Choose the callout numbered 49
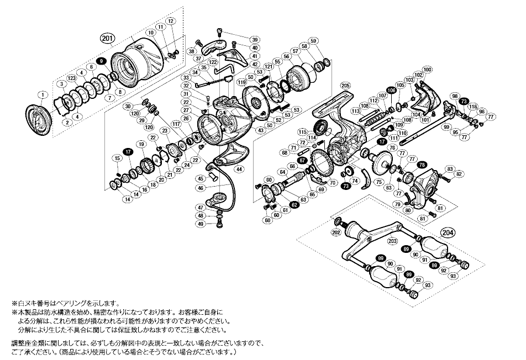point(201,224)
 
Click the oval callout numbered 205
point(345,86)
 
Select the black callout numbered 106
point(391,90)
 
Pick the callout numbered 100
point(427,70)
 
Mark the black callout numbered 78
point(422,165)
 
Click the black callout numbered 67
point(302,160)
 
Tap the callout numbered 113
point(355,110)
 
